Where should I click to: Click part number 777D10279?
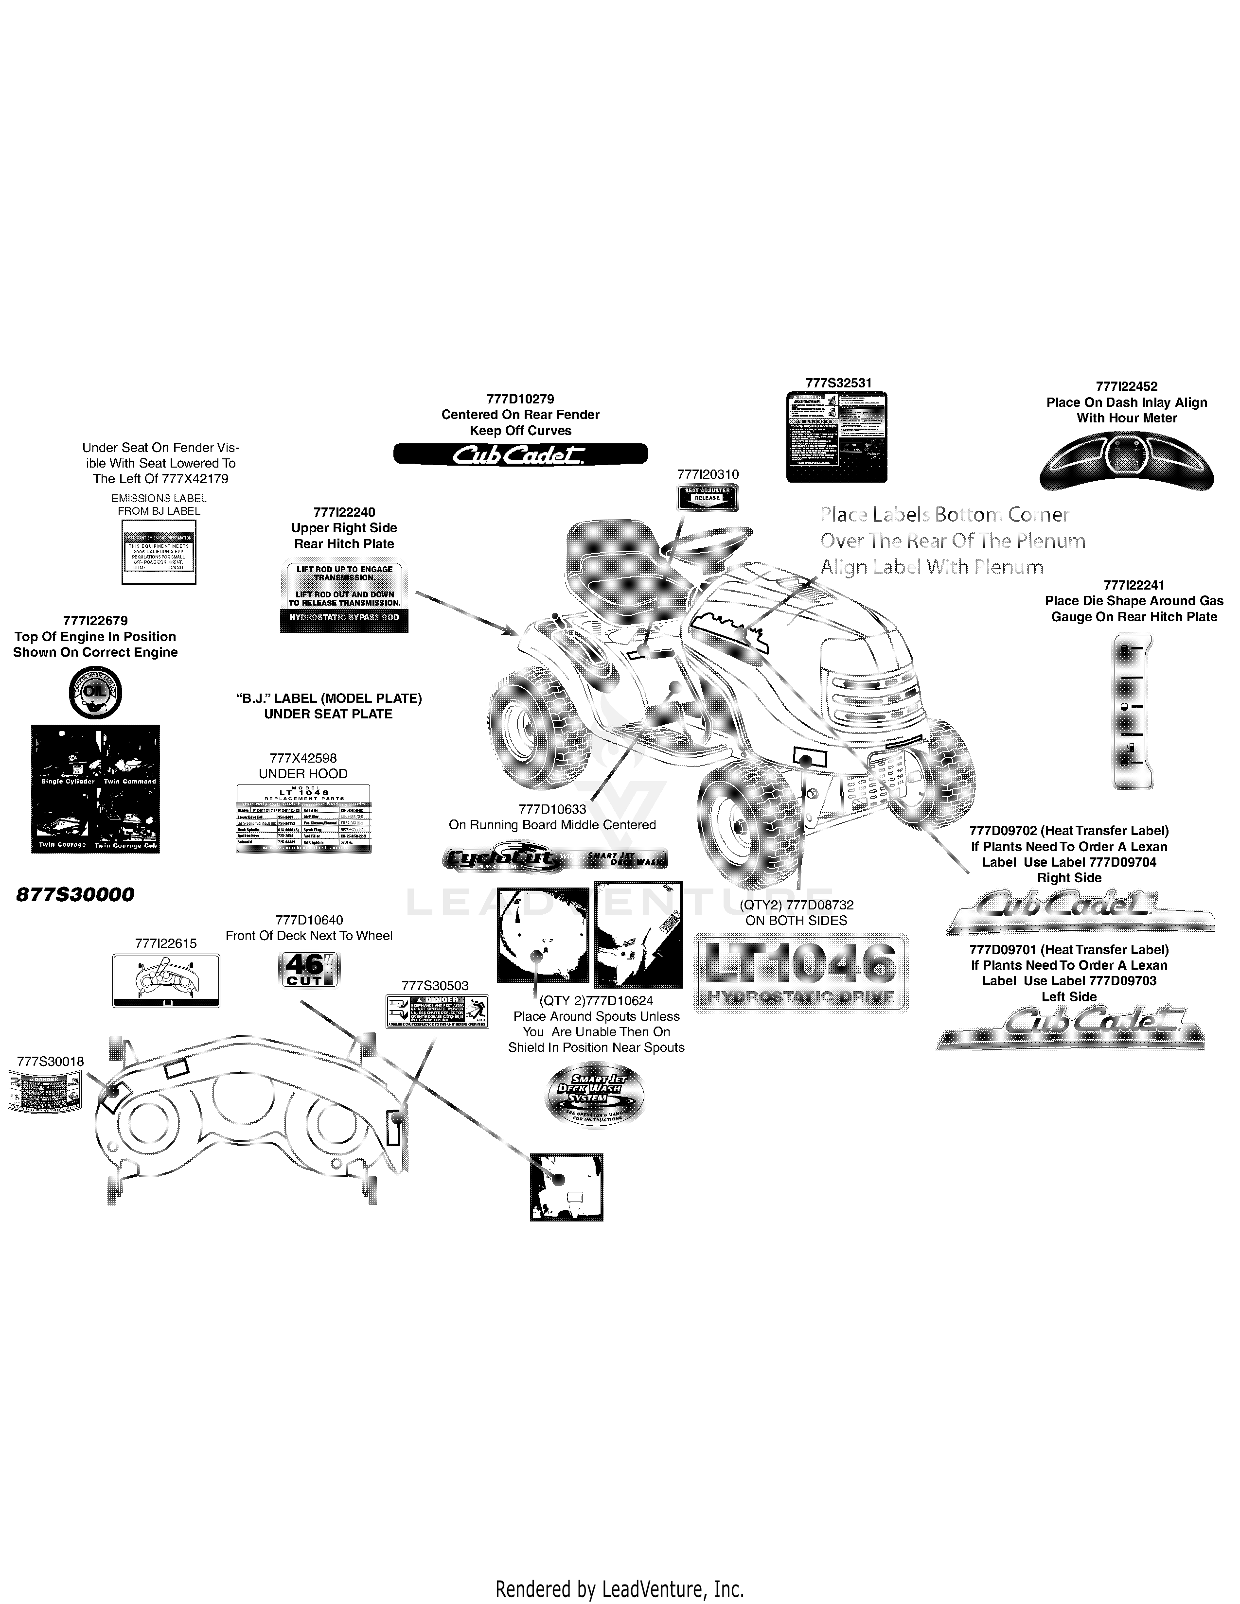click(520, 399)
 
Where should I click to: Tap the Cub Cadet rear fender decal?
click(520, 454)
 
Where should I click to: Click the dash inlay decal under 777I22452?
click(1126, 461)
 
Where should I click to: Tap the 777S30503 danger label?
click(437, 1011)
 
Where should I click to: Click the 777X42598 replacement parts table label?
click(302, 818)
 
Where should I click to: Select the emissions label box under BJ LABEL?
click(159, 552)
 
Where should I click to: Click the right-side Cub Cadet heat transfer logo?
click(1080, 911)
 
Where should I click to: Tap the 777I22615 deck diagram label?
click(166, 980)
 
